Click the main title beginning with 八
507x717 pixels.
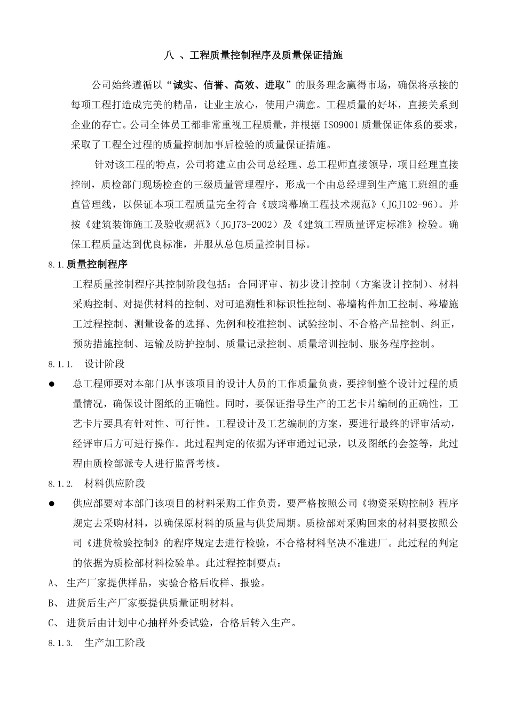[253, 55]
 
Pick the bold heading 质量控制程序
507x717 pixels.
[97, 264]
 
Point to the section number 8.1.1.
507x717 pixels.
[60, 364]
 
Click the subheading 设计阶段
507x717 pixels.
[105, 364]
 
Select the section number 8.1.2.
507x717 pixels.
[60, 484]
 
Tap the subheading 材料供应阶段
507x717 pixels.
[115, 483]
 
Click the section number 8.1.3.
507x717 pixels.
[60, 643]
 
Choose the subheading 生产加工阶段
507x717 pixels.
[115, 642]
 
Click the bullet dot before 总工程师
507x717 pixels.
[52, 384]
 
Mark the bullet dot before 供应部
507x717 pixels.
[52, 504]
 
